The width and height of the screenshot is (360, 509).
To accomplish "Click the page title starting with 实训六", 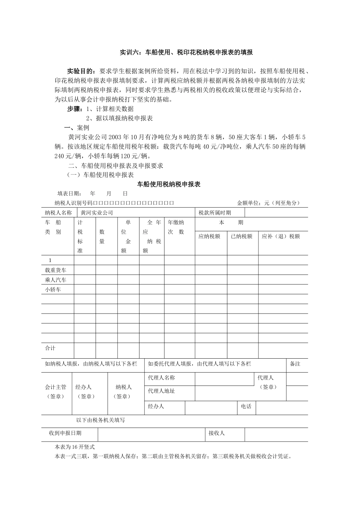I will (186, 53).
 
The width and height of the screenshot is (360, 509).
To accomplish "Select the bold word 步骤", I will (74, 109).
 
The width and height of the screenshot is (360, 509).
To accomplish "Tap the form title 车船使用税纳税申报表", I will (169, 184).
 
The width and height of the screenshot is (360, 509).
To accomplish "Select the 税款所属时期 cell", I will (215, 213).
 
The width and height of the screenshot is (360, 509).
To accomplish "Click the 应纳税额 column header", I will (210, 236).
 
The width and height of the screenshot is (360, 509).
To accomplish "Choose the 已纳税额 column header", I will (242, 236).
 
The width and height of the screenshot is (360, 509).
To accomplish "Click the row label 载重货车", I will (55, 270).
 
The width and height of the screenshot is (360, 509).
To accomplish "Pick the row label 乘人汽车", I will (55, 280).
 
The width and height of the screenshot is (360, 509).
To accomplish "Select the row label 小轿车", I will (53, 290).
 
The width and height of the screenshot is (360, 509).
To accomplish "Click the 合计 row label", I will (50, 348).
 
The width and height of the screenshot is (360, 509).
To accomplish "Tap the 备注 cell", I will (295, 364).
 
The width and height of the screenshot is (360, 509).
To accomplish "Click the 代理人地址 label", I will (161, 391).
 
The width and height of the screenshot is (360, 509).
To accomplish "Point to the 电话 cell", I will (246, 406).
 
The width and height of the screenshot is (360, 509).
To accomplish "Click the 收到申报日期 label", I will (65, 433).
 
